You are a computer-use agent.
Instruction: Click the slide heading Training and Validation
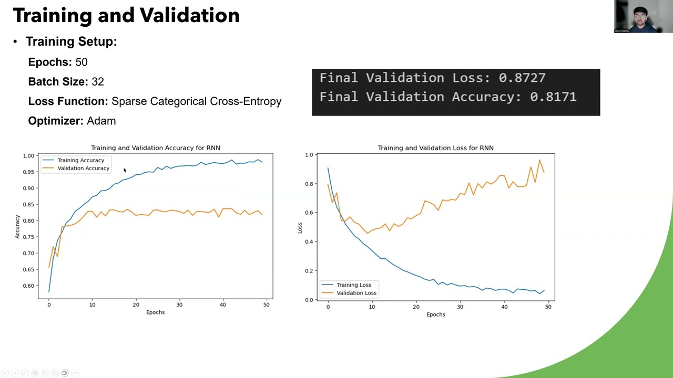[x=126, y=16]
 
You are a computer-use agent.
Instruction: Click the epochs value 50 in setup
[x=81, y=62]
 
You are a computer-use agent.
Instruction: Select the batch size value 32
[x=98, y=82]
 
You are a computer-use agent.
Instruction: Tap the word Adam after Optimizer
[x=101, y=121]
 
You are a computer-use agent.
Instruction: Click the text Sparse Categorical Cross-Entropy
[x=196, y=101]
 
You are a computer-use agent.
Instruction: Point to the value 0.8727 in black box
[x=522, y=78]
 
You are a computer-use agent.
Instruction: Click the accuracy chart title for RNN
[x=155, y=148]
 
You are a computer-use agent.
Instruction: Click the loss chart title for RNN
[x=435, y=148]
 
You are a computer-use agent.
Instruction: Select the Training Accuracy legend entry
[x=80, y=160]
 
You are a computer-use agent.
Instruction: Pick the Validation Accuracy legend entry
[x=83, y=169]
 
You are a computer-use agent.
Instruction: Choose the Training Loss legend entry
[x=353, y=285]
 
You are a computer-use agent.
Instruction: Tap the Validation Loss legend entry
[x=356, y=293]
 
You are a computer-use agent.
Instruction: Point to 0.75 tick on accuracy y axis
[x=28, y=237]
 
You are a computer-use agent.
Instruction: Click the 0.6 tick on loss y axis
[x=309, y=213]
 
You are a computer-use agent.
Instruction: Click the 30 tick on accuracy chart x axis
[x=179, y=305]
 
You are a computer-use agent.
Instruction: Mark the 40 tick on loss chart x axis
[x=504, y=307]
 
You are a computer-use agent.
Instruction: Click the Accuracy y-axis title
[x=17, y=227]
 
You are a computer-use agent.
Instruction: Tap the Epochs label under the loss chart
[x=435, y=314]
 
